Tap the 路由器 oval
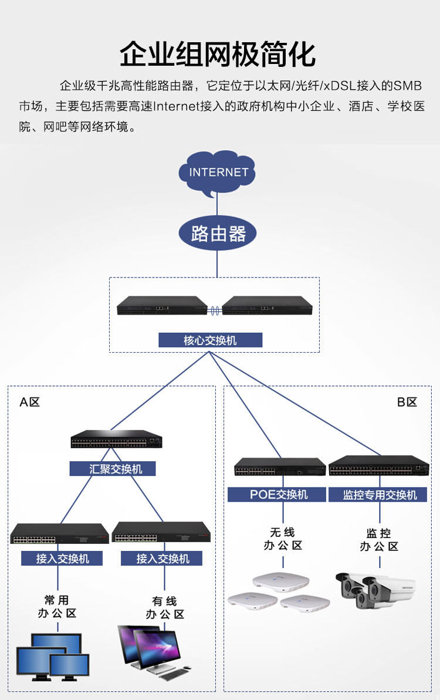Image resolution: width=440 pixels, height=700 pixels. [x=217, y=234]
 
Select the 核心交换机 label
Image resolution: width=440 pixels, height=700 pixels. [x=210, y=340]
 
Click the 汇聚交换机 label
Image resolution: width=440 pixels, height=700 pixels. [x=113, y=469]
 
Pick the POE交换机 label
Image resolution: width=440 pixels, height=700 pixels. [x=277, y=495]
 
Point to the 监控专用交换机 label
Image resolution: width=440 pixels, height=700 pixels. [x=378, y=495]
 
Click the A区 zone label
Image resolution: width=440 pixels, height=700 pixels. [x=30, y=403]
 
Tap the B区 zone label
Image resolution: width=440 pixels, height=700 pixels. [x=407, y=403]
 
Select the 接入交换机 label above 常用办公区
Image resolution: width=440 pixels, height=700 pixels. [x=62, y=559]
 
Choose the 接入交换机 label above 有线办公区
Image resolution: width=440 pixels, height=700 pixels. [x=161, y=559]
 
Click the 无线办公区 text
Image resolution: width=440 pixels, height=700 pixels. [x=283, y=539]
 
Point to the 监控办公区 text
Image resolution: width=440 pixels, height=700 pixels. [x=379, y=540]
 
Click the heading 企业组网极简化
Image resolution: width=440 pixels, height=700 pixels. [x=218, y=55]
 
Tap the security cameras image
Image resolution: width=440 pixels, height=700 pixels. [x=375, y=590]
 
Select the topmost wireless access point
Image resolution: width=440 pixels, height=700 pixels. [x=280, y=581]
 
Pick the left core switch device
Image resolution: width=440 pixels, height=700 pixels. [x=162, y=305]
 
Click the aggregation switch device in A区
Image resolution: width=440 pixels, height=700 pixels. [x=117, y=439]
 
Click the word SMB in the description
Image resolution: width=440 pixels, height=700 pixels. [x=407, y=86]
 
